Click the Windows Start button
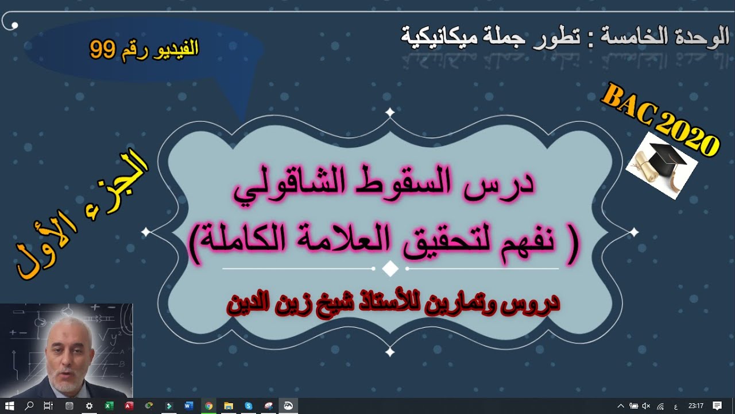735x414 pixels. point(10,406)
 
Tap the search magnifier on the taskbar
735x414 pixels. point(29,406)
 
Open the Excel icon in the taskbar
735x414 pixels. point(109,406)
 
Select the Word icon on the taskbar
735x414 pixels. point(188,406)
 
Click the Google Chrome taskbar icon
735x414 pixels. point(208,406)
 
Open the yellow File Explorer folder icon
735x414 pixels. point(228,406)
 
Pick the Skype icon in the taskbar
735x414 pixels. point(248,406)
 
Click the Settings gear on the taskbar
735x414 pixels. point(89,406)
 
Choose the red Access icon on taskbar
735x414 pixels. point(129,406)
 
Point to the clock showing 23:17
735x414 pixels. point(696,406)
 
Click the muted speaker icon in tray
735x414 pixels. point(647,406)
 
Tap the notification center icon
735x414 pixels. point(717,406)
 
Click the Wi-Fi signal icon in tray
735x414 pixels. point(660,406)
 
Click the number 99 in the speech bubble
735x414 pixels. point(103,50)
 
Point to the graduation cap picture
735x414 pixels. point(662,164)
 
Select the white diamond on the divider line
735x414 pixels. point(390,269)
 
